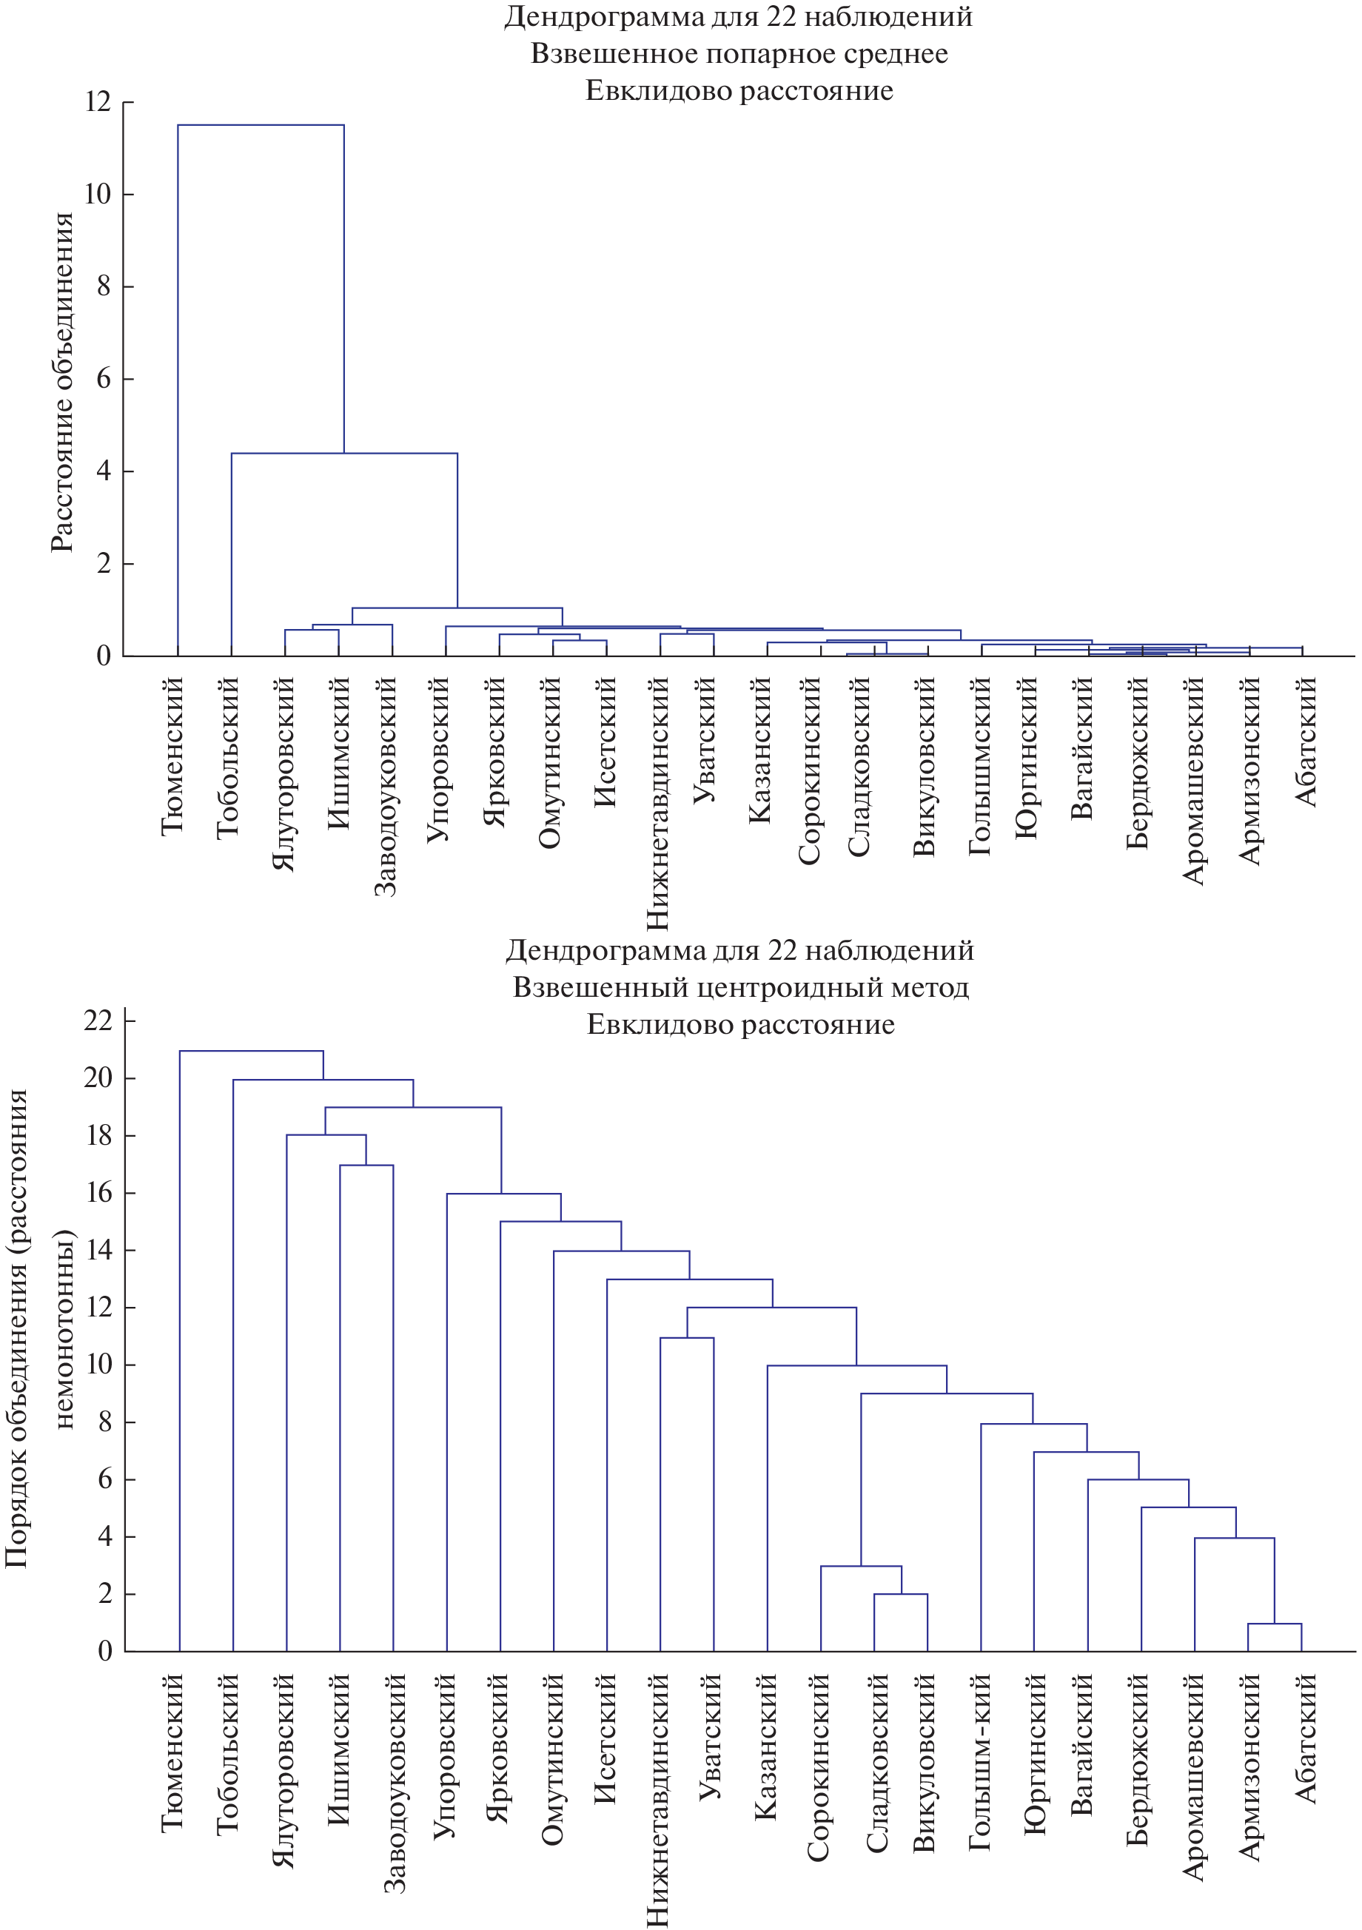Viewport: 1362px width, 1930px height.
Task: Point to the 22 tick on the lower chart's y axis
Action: [98, 1021]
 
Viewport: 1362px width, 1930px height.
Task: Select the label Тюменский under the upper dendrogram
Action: [172, 756]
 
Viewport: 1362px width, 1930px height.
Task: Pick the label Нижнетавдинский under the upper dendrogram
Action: [657, 804]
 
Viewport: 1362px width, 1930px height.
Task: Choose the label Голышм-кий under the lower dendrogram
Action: [979, 1762]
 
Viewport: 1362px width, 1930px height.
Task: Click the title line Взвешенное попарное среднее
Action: [739, 54]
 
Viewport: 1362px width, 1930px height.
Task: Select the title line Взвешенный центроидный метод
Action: [741, 987]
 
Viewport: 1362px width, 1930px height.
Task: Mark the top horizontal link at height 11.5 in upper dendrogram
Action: [261, 125]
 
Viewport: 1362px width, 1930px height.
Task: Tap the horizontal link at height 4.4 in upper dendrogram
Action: [345, 454]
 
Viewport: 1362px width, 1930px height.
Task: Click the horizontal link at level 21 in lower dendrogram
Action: [252, 1051]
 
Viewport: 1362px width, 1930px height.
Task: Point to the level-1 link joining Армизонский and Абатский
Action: [1275, 1624]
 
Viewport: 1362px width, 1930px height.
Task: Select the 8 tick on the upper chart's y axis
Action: [104, 286]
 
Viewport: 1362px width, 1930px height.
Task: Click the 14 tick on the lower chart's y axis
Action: [98, 1250]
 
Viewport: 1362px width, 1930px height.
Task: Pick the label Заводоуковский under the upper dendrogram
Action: [385, 786]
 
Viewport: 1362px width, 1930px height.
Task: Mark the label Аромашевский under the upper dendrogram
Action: [1194, 781]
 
